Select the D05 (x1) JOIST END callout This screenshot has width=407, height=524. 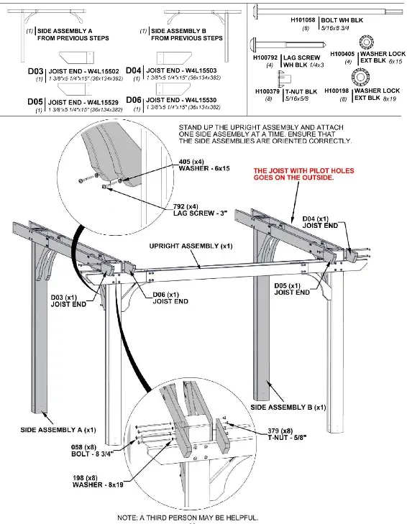point(291,289)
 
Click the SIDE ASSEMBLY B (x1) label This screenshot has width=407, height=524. point(288,407)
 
